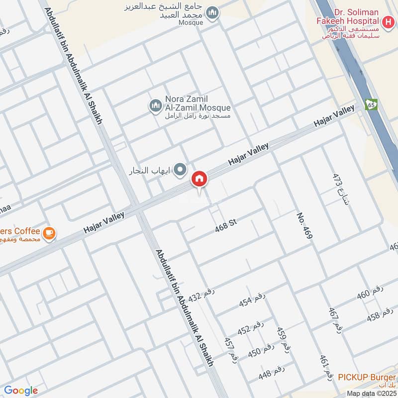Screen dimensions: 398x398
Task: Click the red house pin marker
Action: click(x=199, y=178)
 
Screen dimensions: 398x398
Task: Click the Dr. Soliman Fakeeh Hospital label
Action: click(x=349, y=17)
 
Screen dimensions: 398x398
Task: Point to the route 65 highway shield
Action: click(x=370, y=104)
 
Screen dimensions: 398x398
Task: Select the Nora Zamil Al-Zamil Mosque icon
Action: click(x=155, y=105)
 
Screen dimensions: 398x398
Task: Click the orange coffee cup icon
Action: click(x=49, y=233)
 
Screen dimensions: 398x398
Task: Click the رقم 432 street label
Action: click(x=201, y=295)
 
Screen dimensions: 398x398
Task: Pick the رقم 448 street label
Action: click(x=271, y=373)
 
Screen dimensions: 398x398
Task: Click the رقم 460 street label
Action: click(x=370, y=294)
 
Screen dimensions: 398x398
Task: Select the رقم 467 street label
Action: click(x=336, y=320)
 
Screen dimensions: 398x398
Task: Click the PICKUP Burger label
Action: click(x=367, y=377)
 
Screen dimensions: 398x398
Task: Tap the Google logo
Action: click(x=21, y=391)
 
